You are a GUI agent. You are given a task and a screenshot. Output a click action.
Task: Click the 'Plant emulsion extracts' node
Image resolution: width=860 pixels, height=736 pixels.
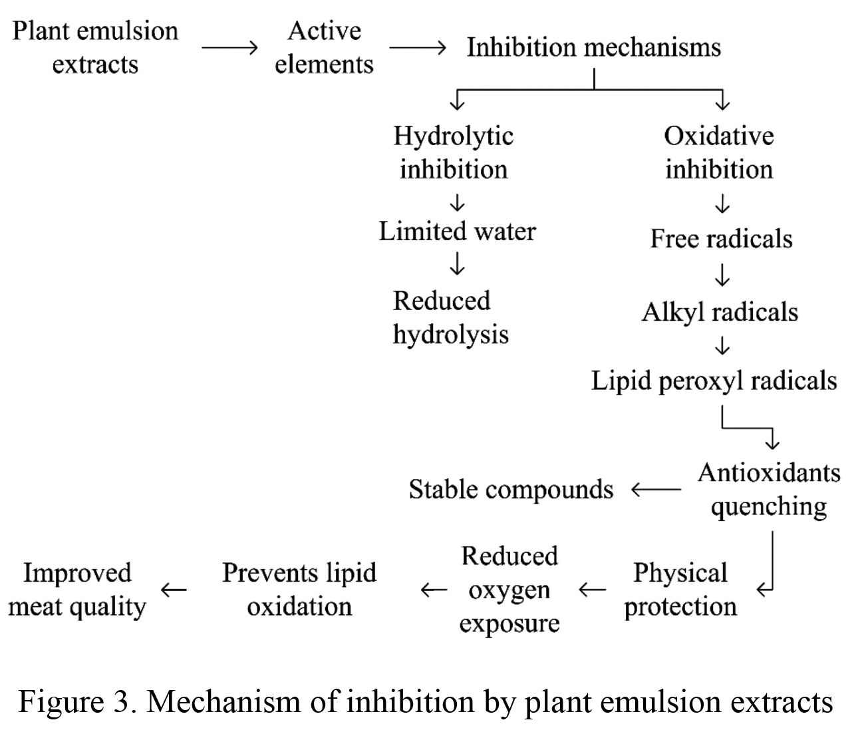[x=95, y=47]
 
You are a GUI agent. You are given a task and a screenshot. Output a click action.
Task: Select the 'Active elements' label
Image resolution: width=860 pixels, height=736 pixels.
[x=324, y=47]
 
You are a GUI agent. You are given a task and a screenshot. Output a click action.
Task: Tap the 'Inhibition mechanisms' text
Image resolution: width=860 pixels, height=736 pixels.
[x=594, y=47]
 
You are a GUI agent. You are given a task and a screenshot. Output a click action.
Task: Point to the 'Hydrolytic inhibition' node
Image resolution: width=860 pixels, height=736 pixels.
[x=454, y=153]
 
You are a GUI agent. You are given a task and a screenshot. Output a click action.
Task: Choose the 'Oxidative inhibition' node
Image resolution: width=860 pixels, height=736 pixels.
[x=719, y=153]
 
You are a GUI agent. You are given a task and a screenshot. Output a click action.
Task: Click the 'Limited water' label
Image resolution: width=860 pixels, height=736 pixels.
[x=457, y=231]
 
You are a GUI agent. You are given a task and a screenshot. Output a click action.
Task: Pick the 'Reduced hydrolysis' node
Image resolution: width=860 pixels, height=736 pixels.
[x=450, y=317]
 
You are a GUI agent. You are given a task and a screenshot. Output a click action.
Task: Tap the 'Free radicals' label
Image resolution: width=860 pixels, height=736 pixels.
[x=722, y=239]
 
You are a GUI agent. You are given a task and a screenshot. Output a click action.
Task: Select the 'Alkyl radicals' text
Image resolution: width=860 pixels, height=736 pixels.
[x=720, y=312]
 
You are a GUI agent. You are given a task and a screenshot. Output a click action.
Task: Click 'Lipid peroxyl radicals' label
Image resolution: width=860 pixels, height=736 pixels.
[x=714, y=381]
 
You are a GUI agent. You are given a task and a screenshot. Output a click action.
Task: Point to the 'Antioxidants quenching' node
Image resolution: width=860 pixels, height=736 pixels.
[x=769, y=490]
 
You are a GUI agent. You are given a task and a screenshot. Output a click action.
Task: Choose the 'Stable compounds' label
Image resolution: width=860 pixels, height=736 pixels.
[x=511, y=489]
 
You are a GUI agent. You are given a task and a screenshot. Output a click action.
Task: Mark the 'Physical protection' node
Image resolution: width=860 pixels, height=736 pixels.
[x=680, y=590]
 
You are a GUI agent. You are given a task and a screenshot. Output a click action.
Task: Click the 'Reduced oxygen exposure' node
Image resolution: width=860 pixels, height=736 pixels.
[x=509, y=590]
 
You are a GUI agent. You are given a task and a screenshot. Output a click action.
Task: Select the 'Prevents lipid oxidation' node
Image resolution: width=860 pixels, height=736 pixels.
[x=299, y=590]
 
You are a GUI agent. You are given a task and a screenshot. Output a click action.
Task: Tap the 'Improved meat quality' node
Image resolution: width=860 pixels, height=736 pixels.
[x=77, y=590]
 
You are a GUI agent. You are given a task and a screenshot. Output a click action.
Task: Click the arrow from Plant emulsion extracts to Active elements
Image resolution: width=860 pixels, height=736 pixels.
[x=229, y=48]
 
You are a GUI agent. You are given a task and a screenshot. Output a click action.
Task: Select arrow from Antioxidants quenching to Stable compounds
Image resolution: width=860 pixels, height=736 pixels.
[x=656, y=490]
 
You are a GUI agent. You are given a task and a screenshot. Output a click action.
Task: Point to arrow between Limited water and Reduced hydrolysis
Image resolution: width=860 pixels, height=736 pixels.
[x=457, y=263]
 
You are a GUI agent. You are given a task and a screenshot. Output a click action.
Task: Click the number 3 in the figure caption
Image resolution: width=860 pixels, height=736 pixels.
[x=122, y=701]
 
